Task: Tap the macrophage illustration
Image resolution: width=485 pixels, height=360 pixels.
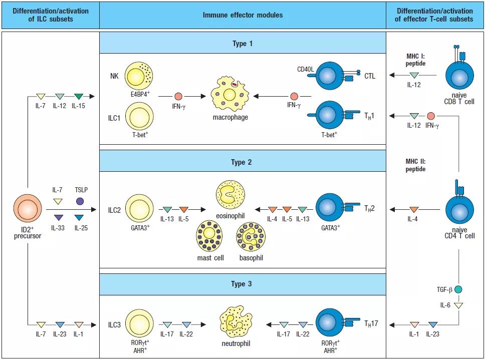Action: click(229, 95)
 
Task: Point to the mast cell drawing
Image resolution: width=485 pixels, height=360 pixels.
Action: click(210, 237)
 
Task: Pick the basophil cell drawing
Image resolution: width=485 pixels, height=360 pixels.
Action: click(251, 237)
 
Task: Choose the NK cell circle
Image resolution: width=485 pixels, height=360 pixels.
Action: click(139, 77)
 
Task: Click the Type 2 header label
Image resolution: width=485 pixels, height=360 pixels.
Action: click(242, 162)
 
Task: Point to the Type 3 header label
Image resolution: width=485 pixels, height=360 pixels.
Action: click(242, 284)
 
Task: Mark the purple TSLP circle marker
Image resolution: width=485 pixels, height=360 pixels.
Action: click(80, 202)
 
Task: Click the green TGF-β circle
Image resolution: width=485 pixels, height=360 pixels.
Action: click(458, 289)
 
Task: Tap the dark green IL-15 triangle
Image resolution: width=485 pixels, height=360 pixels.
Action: click(78, 96)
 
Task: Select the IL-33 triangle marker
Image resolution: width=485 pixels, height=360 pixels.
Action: click(58, 217)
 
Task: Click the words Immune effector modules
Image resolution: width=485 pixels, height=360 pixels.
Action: click(242, 15)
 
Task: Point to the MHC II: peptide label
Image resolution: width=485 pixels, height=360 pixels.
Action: click(415, 165)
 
